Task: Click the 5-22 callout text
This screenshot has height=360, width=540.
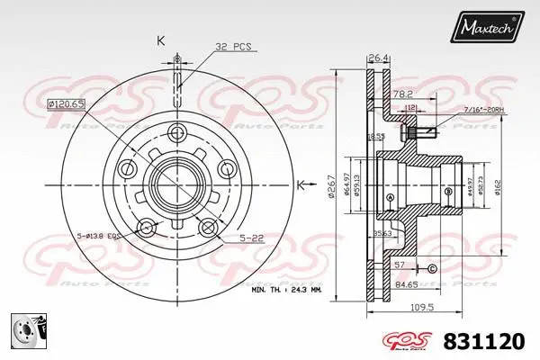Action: tap(251, 238)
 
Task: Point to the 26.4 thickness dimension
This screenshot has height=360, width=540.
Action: tap(376, 60)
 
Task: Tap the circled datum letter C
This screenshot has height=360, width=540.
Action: tap(432, 269)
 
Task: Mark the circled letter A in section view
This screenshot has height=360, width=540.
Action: tap(390, 198)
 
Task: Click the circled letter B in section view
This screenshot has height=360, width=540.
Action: tap(447, 191)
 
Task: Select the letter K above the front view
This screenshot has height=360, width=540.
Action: tap(161, 40)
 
